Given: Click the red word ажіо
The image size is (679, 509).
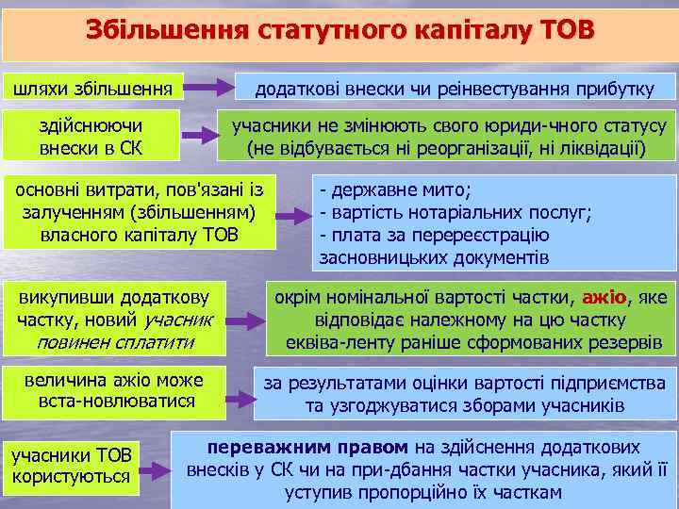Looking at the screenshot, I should [604, 298].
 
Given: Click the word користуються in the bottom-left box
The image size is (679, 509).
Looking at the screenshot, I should [71, 476].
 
